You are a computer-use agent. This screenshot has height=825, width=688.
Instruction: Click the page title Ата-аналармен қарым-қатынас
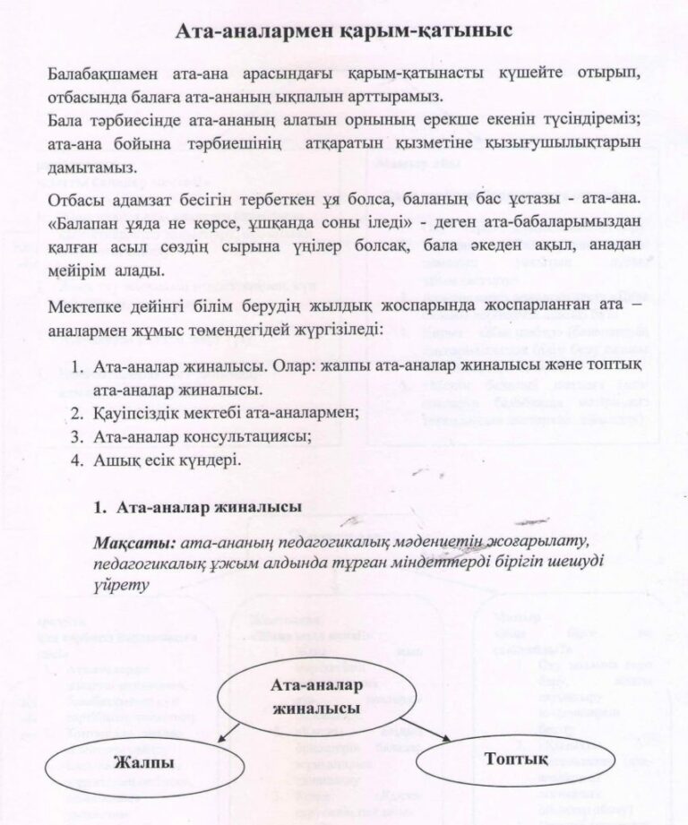coord(344,30)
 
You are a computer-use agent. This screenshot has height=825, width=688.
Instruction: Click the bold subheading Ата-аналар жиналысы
coord(210,507)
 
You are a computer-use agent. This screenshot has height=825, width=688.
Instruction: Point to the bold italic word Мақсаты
coord(133,543)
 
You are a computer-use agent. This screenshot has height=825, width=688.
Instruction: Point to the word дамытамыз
coord(91,167)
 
